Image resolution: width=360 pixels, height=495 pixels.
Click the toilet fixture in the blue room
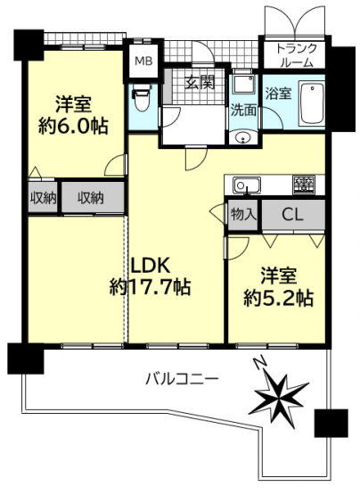tap(142, 97)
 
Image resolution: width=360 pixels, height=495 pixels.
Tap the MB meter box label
tap(143, 61)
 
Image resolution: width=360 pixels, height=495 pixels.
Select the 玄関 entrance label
tap(200, 82)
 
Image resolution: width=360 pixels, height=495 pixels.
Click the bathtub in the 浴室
tap(312, 103)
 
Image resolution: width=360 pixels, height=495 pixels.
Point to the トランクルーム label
tap(296, 55)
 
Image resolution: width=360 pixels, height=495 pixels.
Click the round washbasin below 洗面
tap(242, 137)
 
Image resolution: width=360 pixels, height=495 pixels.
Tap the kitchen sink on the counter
tap(247, 185)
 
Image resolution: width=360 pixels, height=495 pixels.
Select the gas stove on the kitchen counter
tap(304, 185)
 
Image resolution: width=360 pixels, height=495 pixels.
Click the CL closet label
tap(292, 215)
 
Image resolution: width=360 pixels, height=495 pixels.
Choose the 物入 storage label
tap(242, 215)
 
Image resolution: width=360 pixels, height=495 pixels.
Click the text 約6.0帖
tap(73, 127)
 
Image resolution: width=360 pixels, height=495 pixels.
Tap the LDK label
tap(151, 265)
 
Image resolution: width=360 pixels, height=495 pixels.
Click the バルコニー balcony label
tap(182, 378)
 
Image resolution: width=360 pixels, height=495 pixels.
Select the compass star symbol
tap(279, 399)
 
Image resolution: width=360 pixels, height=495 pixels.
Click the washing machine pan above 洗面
tap(243, 84)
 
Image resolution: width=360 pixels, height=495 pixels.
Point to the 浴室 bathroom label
tap(278, 94)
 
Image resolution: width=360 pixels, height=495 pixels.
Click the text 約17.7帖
tap(150, 286)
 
